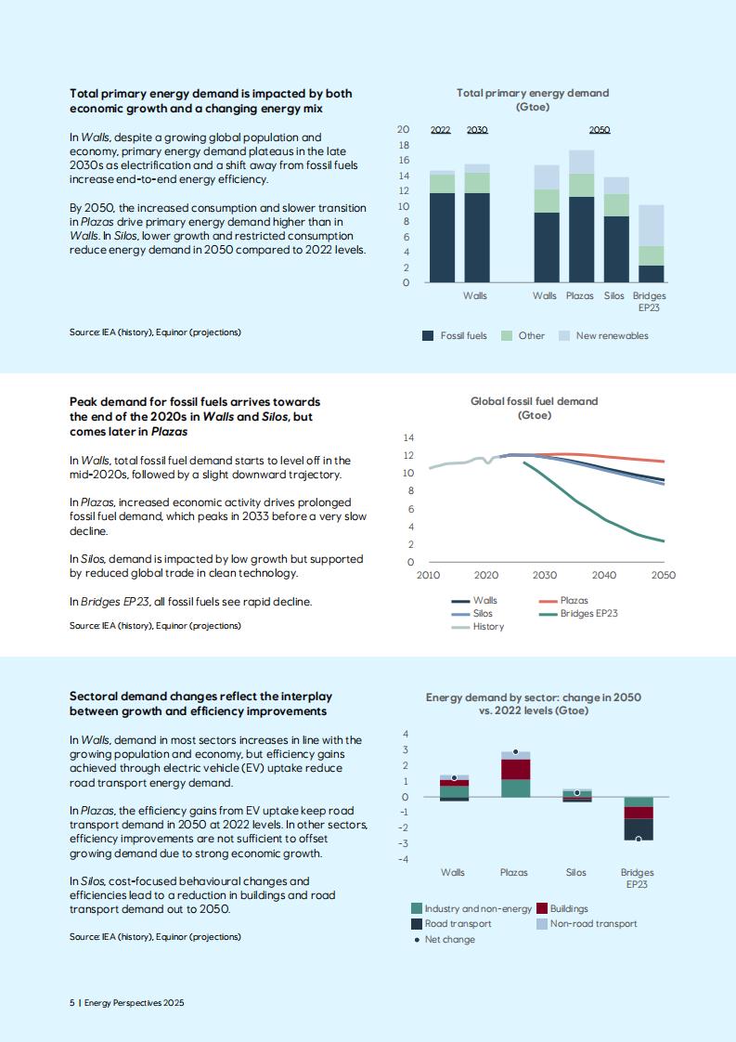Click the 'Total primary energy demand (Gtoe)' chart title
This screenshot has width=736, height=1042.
tap(533, 99)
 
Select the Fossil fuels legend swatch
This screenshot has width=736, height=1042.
tap(428, 335)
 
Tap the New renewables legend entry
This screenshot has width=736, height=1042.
tap(604, 335)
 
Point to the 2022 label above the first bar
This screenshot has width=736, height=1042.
tap(441, 130)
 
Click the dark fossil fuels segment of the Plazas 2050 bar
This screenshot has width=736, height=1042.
tap(581, 240)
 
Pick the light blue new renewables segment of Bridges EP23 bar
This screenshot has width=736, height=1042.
tap(651, 226)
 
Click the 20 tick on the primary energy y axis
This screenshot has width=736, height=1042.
tap(403, 130)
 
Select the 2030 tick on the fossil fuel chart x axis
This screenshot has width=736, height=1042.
tap(545, 575)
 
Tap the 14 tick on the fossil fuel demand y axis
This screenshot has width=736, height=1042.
tap(408, 437)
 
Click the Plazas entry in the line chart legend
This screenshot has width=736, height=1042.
tap(563, 600)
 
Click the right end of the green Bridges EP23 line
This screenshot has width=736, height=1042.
tap(664, 541)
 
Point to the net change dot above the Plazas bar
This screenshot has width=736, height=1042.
tap(515, 751)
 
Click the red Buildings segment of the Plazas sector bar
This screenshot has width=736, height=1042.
tap(515, 770)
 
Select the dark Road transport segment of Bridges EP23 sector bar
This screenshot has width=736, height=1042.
tap(639, 829)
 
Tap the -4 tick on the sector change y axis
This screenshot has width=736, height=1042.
tap(404, 859)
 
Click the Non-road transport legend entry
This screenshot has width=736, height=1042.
tap(587, 924)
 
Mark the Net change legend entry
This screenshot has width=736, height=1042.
tap(445, 940)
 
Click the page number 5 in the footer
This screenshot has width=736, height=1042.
tap(71, 1003)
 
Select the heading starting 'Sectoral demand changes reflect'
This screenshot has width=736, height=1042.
tap(200, 704)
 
